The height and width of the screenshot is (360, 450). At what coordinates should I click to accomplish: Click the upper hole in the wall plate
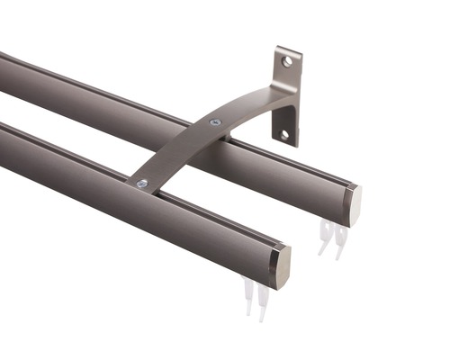click(287, 61)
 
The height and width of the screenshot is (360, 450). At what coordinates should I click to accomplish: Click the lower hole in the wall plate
click(285, 134)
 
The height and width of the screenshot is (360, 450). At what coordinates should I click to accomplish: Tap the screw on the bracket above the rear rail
click(215, 121)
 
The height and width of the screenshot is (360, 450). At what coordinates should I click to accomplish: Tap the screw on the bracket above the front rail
click(142, 184)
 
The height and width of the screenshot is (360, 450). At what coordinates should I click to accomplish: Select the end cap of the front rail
click(280, 267)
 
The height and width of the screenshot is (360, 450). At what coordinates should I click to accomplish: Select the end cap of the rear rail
click(353, 204)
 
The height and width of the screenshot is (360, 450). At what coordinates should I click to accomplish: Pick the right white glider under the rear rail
click(339, 240)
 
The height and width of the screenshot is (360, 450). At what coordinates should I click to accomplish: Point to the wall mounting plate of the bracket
click(287, 94)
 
